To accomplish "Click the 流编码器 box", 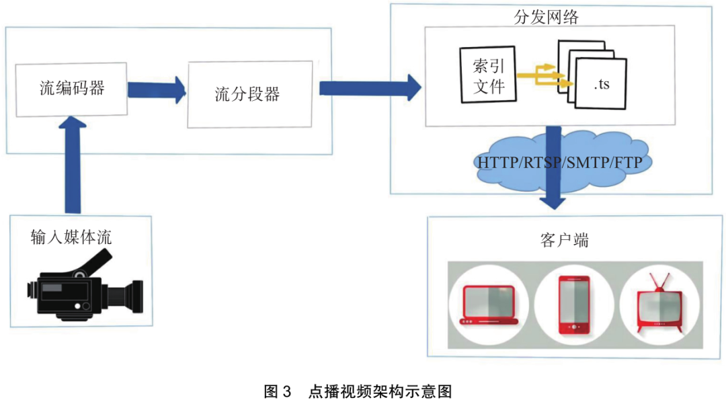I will [x=71, y=89].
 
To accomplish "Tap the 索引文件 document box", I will [x=489, y=75].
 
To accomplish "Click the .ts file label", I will [x=601, y=85].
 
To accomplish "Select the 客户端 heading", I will [x=564, y=239].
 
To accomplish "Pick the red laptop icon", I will [x=489, y=305].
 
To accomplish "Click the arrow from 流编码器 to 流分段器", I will [x=156, y=89].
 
